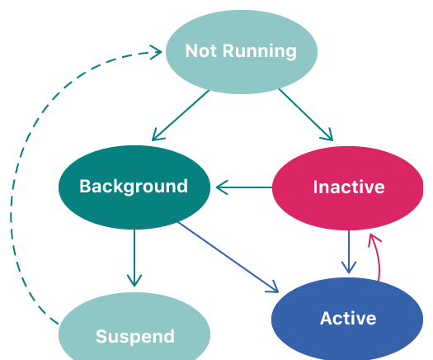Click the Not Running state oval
click(x=242, y=52)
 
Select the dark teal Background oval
click(x=134, y=187)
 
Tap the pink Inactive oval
click(x=348, y=188)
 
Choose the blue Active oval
click(x=347, y=320)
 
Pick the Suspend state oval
click(x=134, y=329)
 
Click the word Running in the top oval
click(x=260, y=51)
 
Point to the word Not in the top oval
click(x=202, y=51)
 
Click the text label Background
click(x=134, y=187)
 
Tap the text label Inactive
click(x=349, y=187)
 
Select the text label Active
click(x=348, y=318)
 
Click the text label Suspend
click(x=135, y=337)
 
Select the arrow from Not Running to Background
click(x=181, y=115)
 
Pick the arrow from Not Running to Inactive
click(x=306, y=115)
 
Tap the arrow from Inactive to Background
click(x=244, y=187)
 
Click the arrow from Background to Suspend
click(x=134, y=258)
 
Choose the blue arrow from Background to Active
click(x=228, y=257)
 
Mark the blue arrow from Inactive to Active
click(x=349, y=252)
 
